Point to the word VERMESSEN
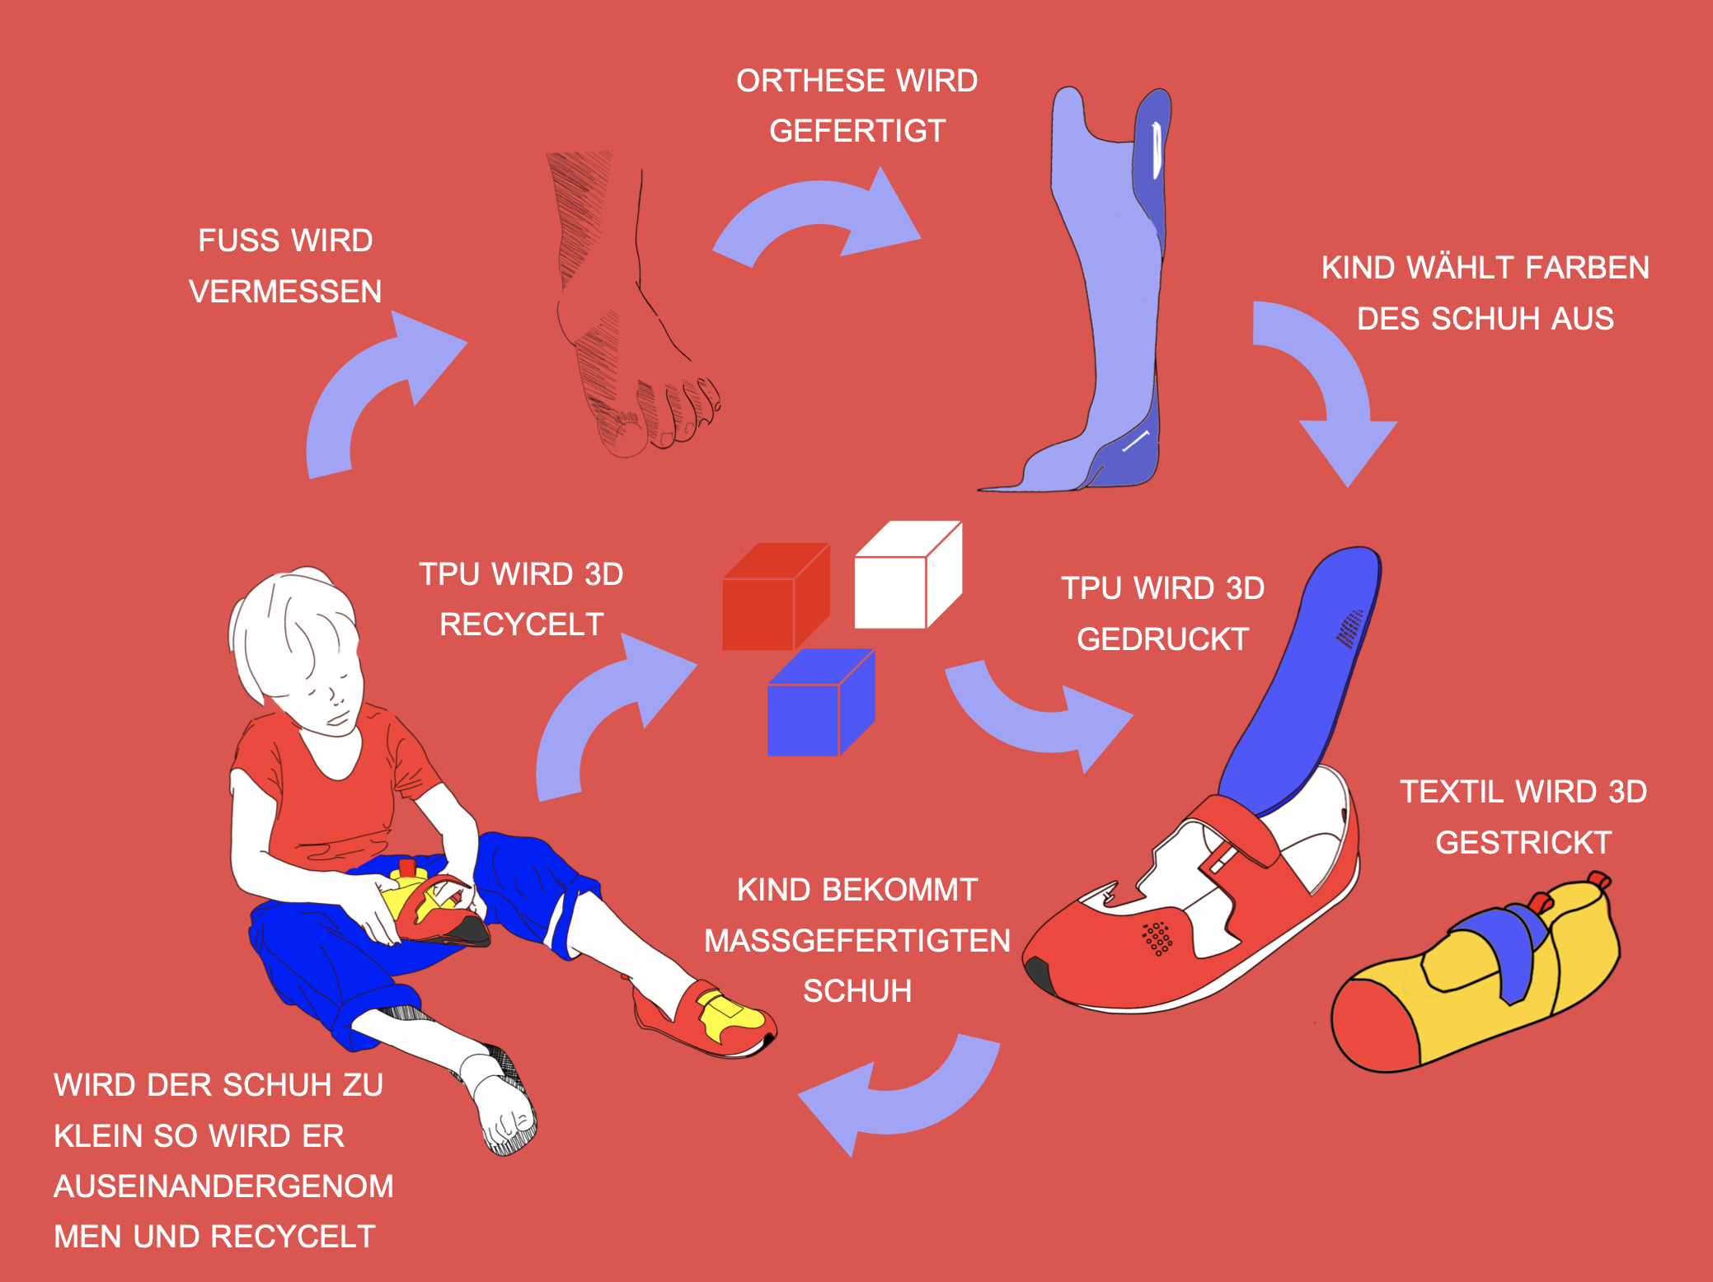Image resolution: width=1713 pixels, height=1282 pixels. tap(285, 292)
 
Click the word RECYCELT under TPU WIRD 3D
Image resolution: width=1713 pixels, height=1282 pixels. tap(521, 625)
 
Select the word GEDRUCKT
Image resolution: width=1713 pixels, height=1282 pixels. tap(1162, 639)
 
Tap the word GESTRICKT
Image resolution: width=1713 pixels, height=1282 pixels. tap(1523, 843)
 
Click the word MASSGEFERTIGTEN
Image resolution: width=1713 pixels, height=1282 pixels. tap(857, 941)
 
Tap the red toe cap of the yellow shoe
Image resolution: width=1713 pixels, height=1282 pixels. tap(1373, 1026)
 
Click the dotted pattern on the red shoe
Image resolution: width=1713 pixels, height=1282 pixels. tap(1157, 938)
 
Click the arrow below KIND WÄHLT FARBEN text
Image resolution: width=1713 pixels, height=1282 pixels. tap(1327, 387)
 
